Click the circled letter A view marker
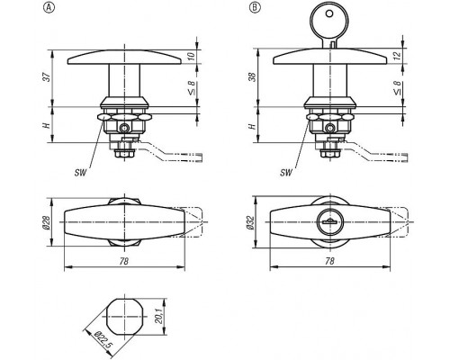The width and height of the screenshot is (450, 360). tap(49, 8)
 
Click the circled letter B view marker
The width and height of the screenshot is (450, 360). tap(255, 8)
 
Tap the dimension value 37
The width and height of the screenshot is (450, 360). tap(47, 77)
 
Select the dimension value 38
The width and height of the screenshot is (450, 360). tap(254, 76)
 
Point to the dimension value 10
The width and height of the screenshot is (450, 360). tap(191, 56)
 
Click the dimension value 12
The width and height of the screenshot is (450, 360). tap(397, 55)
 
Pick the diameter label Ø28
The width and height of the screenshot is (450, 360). tap(46, 222)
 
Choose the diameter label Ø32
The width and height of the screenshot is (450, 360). tap(251, 222)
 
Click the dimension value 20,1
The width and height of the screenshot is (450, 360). tap(159, 316)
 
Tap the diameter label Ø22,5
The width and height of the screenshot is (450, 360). tap(103, 340)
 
